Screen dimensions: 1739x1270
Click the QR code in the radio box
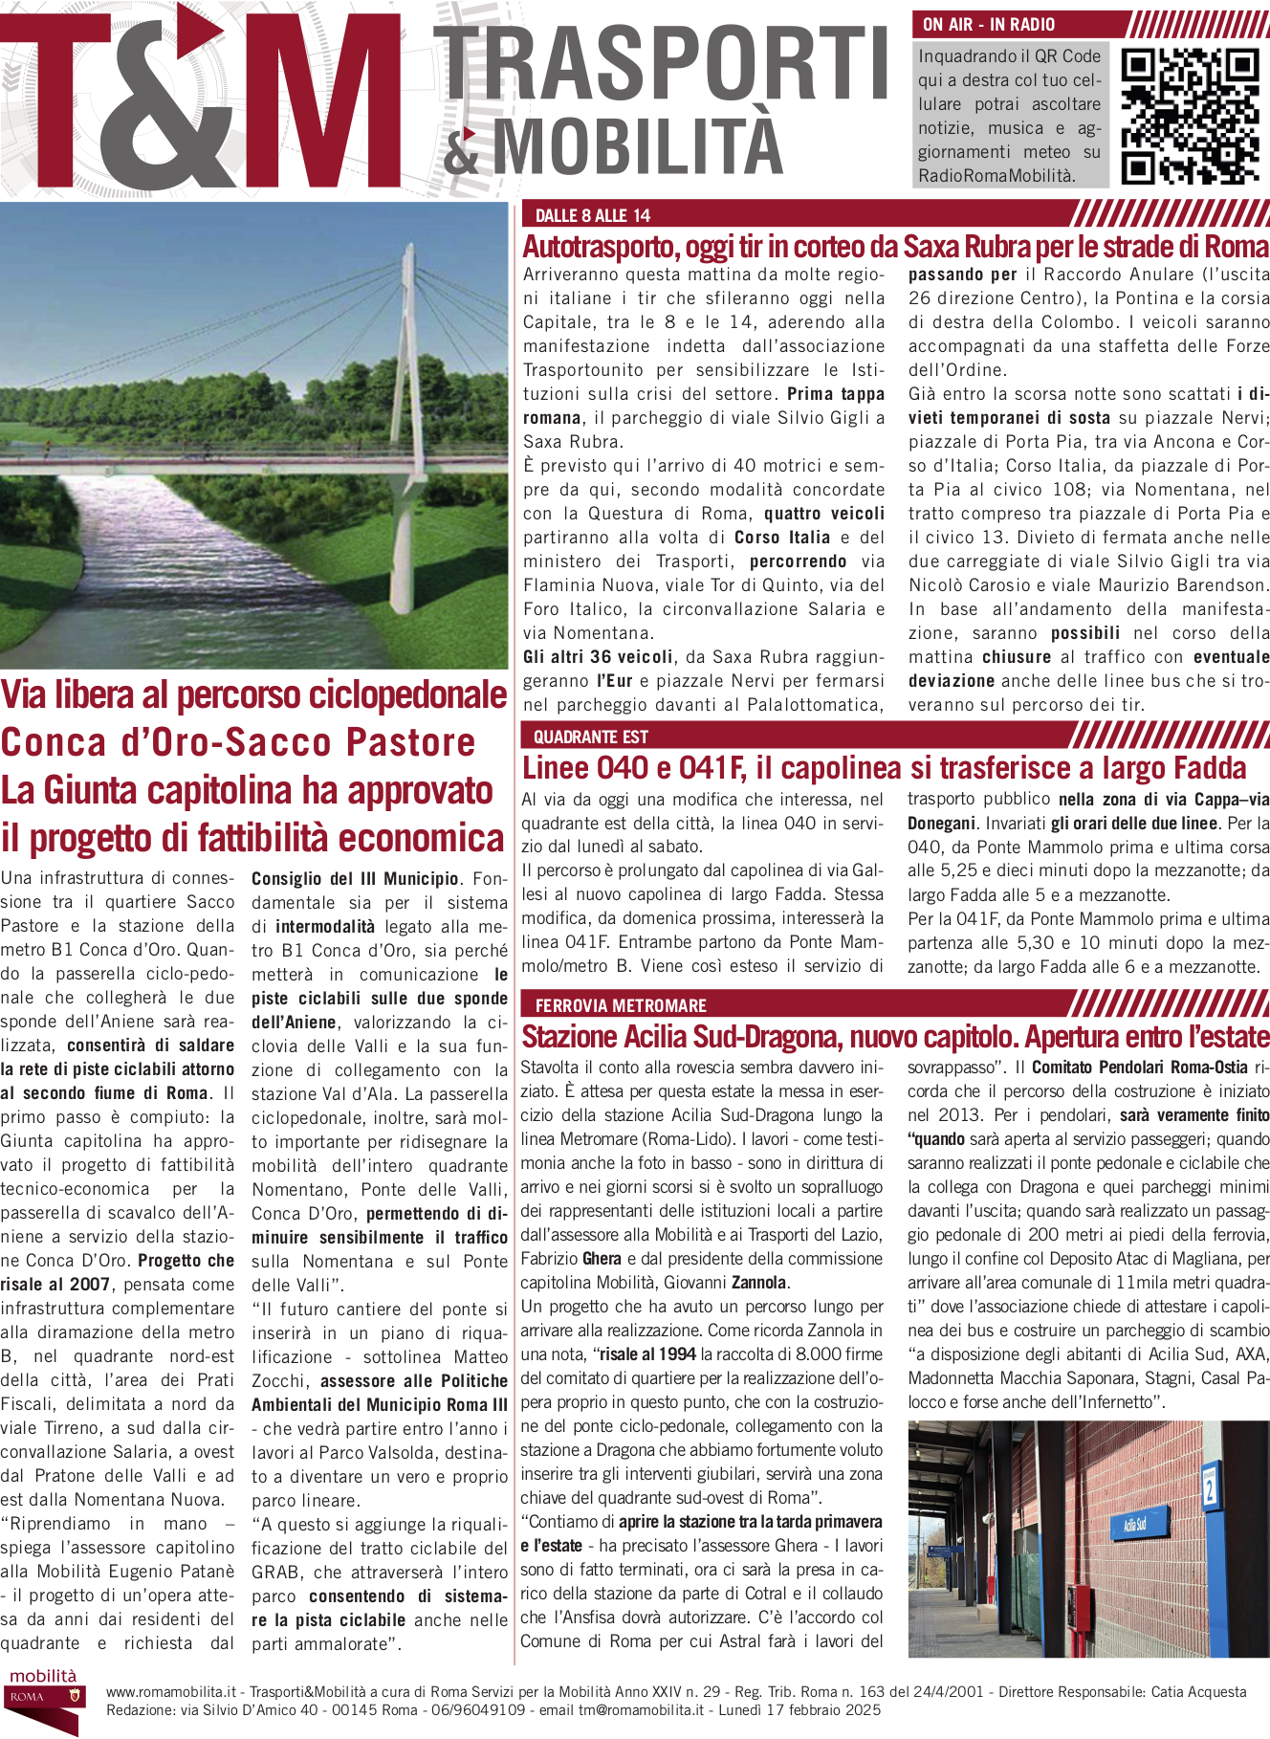pyautogui.click(x=1189, y=115)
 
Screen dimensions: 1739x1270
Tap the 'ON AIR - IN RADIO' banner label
pyautogui.click(x=989, y=25)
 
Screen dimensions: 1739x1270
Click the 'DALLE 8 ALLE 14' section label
pyautogui.click(x=592, y=216)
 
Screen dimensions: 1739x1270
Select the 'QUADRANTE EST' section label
pyautogui.click(x=590, y=737)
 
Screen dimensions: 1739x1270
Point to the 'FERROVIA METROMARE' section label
pyautogui.click(x=621, y=1005)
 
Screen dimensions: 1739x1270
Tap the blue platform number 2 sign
pyautogui.click(x=1210, y=1486)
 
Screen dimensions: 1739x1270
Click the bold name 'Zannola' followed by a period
pyautogui.click(x=759, y=1283)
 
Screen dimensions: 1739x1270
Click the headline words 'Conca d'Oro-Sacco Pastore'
pyautogui.click(x=238, y=743)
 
